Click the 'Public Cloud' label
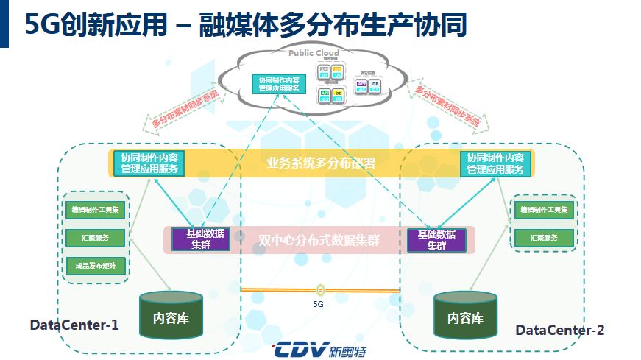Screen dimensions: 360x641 coord(313,53)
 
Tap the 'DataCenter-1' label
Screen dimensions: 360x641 coord(74,325)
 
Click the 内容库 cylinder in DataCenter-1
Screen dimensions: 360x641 coord(171,317)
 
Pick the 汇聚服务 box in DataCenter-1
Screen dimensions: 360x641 coord(96,238)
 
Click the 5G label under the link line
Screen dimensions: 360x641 coord(319,303)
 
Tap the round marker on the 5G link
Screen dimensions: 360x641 coord(320,290)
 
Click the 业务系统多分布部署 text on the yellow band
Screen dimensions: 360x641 coord(321,163)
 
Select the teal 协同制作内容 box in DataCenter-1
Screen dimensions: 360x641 coord(149,163)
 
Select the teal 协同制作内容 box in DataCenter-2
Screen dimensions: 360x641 coord(495,163)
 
